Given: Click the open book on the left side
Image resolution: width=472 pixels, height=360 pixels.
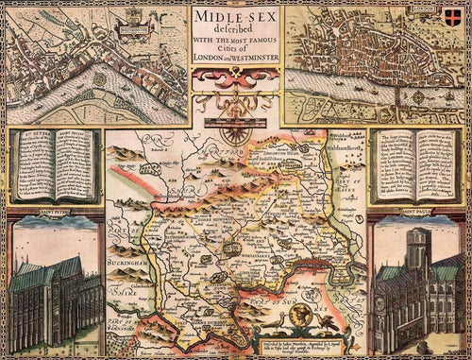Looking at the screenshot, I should coord(53,166).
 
